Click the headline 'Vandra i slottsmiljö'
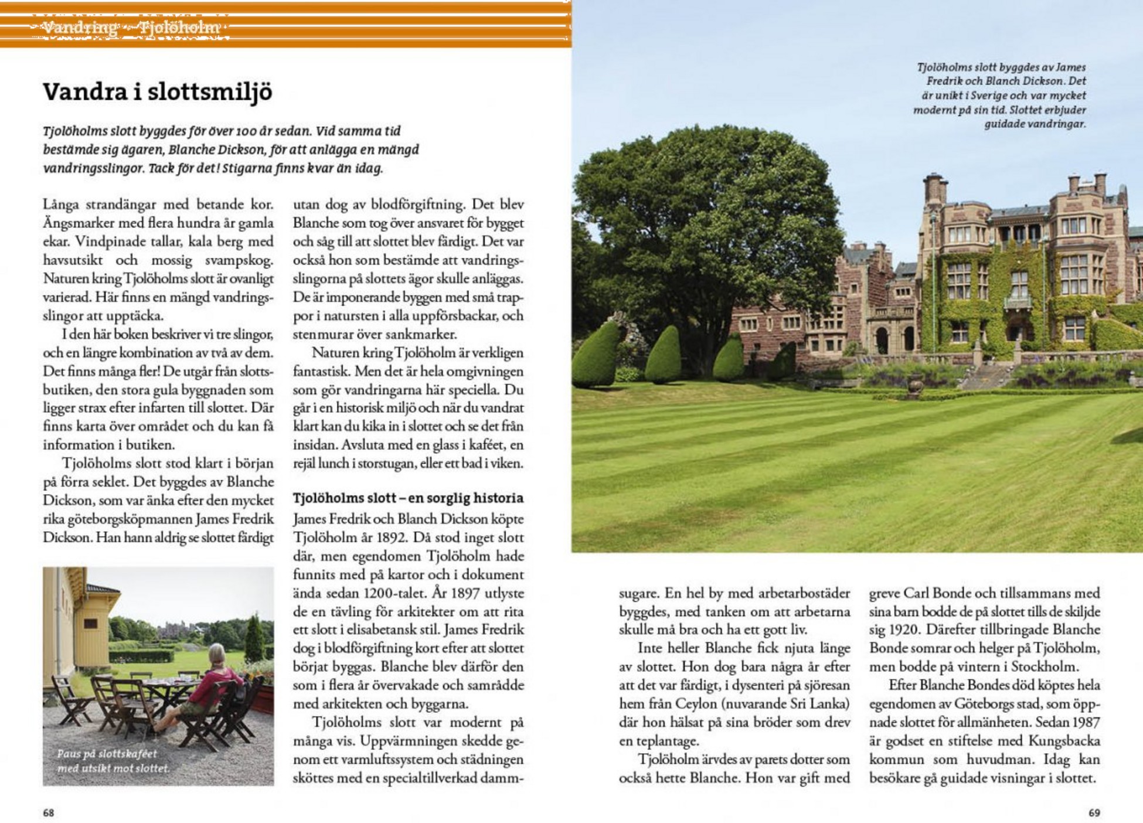tap(158, 93)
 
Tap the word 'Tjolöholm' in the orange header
tap(179, 28)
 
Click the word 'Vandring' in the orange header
tap(80, 28)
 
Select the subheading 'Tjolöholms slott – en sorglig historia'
tap(408, 498)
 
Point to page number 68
tap(49, 812)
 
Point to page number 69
tap(1094, 812)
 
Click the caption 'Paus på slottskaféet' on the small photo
tap(107, 754)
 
